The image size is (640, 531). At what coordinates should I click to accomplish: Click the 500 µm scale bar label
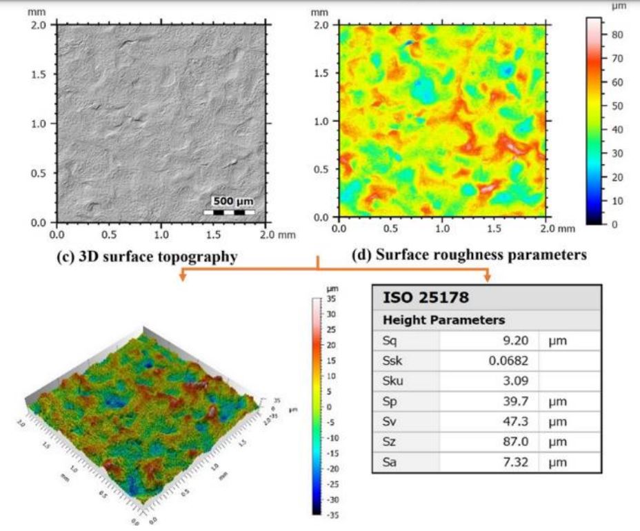233,201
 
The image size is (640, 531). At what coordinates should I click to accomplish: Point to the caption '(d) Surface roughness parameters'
469,255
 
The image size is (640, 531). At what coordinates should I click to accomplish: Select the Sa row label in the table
390,462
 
